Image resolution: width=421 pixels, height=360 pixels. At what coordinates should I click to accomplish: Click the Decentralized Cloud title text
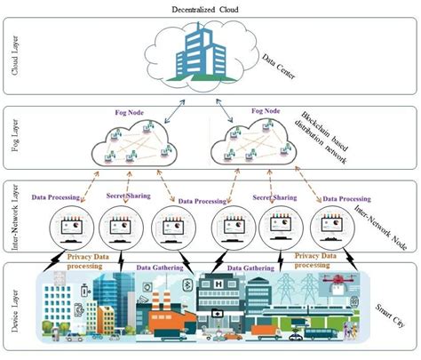pos(210,7)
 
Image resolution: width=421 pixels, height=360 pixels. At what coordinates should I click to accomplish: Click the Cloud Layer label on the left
pos(12,56)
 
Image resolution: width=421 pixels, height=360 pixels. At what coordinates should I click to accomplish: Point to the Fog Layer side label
pos(12,142)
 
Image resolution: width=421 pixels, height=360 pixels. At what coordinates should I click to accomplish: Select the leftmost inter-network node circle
pos(65,229)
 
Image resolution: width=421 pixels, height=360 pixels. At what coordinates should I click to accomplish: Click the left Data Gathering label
pos(159,266)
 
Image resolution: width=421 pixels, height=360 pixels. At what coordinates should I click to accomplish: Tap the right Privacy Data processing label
pos(318,259)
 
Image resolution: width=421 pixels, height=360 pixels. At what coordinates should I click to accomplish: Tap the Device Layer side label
pos(12,307)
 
